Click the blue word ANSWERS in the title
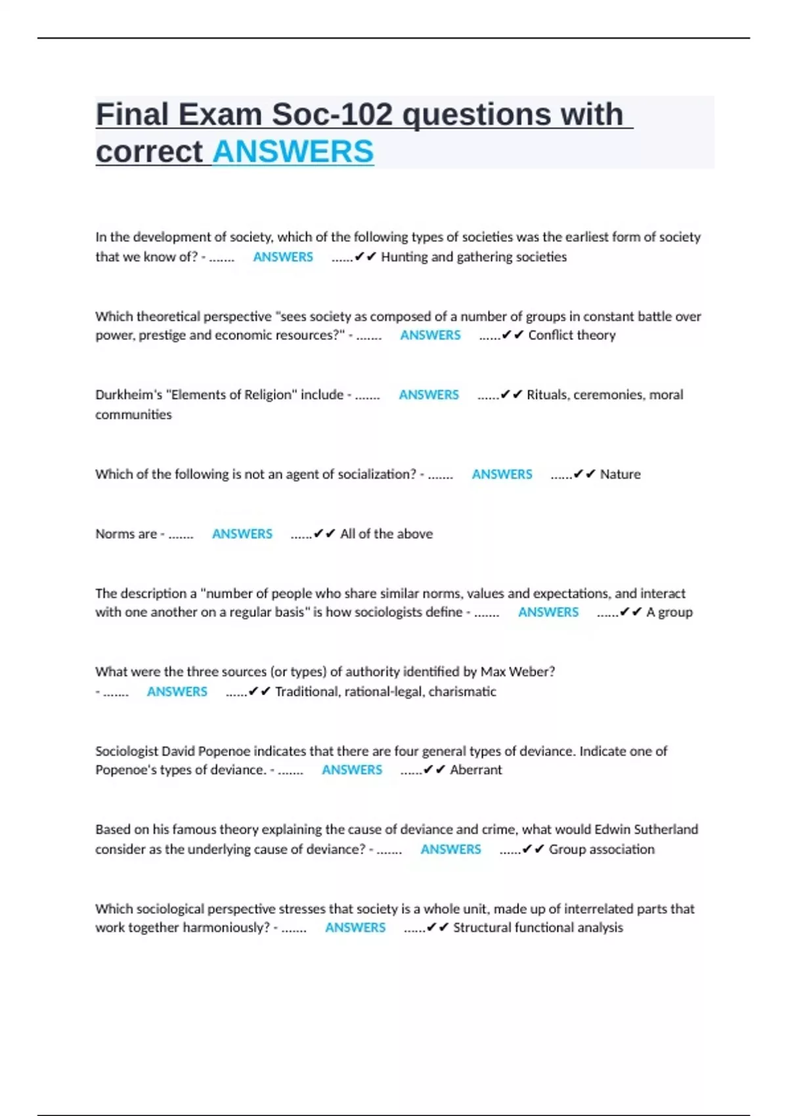click(x=293, y=152)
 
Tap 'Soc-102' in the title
click(x=332, y=114)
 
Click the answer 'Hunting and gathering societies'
click(x=473, y=257)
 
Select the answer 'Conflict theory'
click(x=572, y=335)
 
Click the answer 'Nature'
click(x=620, y=474)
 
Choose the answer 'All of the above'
click(x=386, y=534)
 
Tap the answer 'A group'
click(x=669, y=612)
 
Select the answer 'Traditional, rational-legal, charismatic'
click(x=385, y=691)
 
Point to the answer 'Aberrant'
click(x=475, y=769)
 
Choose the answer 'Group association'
click(x=602, y=849)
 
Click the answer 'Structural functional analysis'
click(x=538, y=928)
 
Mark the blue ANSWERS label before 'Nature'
click(x=502, y=474)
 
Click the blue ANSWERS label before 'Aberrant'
click(x=352, y=769)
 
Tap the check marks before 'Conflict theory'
click(x=512, y=335)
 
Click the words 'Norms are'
click(x=126, y=534)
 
